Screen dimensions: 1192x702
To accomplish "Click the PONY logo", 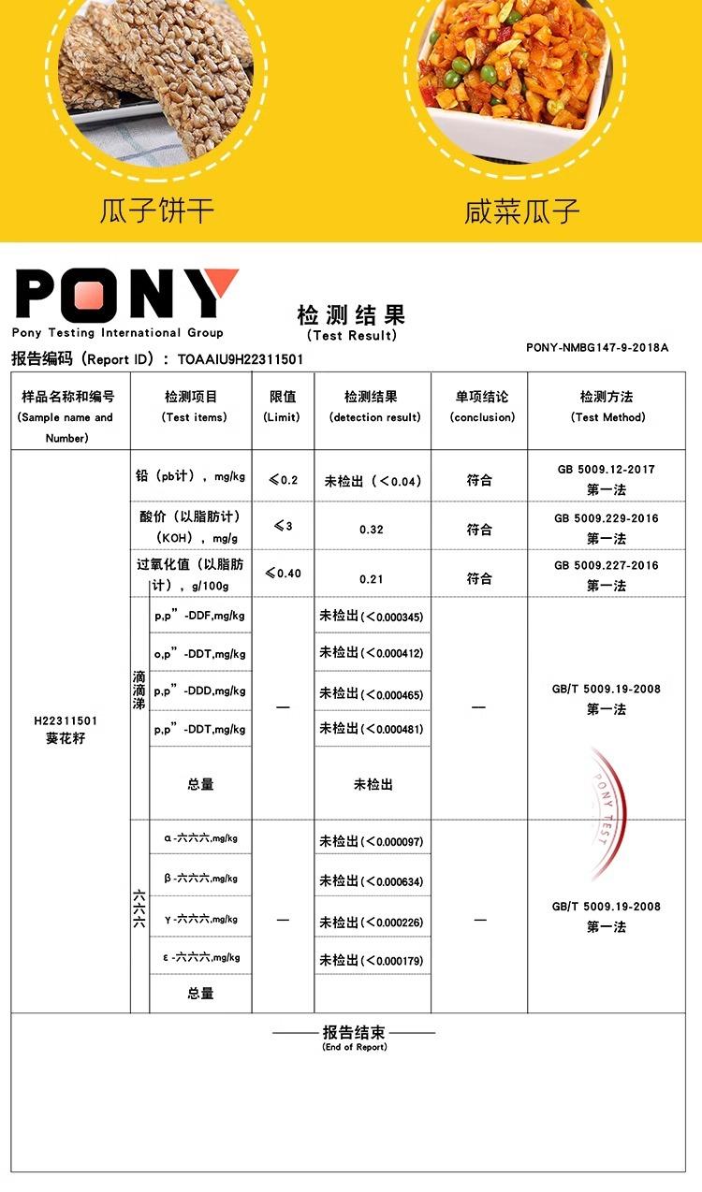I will tap(126, 295).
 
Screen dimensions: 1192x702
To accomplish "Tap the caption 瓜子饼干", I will tap(157, 211).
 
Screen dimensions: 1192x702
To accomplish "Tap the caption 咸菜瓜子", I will tap(522, 211).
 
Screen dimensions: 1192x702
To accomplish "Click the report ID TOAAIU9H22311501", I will tap(241, 359).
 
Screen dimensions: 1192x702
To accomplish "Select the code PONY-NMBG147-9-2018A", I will tap(597, 347).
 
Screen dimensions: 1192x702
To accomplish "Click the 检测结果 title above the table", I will tap(351, 314).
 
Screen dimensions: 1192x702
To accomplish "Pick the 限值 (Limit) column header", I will tap(282, 407).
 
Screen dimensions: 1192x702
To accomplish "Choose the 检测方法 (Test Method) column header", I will tap(607, 407).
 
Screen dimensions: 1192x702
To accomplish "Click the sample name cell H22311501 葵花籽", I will tap(66, 730).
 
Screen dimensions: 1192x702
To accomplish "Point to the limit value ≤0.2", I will tap(283, 480).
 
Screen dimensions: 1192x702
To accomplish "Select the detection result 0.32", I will tap(372, 530).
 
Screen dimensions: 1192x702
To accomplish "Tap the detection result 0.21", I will tap(372, 579).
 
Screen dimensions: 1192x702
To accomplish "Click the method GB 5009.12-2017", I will tap(605, 469).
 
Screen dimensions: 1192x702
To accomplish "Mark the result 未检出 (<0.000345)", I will tap(372, 617).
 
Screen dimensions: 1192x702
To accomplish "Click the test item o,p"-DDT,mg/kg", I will tap(199, 654).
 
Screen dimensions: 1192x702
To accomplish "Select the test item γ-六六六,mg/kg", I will tap(200, 919).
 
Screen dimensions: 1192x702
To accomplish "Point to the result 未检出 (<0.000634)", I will tap(372, 881).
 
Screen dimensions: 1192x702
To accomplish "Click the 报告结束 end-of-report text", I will tap(354, 1033).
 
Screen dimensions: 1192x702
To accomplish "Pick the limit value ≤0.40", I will tap(283, 573).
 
